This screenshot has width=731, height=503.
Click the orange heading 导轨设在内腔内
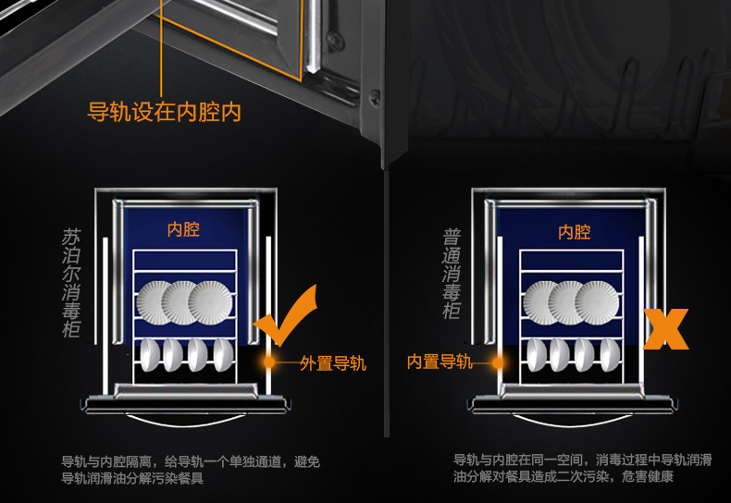(x=164, y=112)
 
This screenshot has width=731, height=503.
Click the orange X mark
(x=665, y=329)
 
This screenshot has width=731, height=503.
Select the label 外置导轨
(x=333, y=363)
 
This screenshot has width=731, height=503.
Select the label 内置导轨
(x=440, y=362)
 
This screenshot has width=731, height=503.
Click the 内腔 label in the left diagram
(x=184, y=229)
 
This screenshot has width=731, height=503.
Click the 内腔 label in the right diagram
(x=575, y=232)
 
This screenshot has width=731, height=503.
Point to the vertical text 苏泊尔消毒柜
(x=71, y=283)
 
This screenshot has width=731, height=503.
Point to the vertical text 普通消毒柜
(x=452, y=274)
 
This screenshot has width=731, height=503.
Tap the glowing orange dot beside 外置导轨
(x=269, y=362)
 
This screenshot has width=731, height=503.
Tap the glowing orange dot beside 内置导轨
(x=498, y=362)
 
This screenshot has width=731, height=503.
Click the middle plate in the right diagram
(x=570, y=302)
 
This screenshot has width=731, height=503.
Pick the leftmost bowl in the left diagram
(x=150, y=355)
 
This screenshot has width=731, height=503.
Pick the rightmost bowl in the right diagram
(x=611, y=355)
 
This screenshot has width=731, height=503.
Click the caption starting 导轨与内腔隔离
(x=191, y=470)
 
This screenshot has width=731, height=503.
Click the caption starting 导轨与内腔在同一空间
(x=583, y=469)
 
